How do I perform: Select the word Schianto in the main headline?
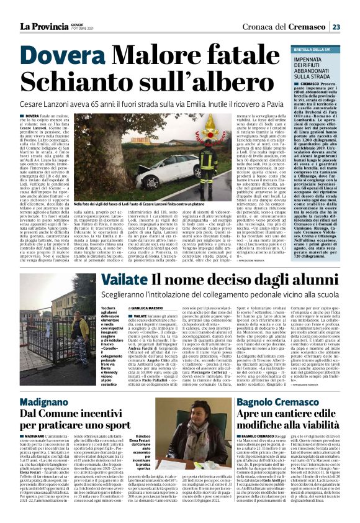pos(68,82)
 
